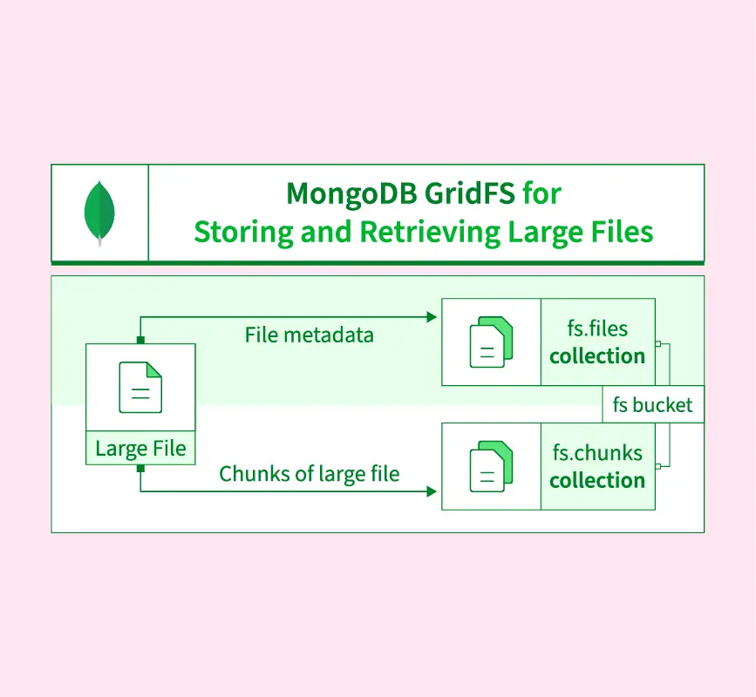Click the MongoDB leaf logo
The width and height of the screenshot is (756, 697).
[x=99, y=213]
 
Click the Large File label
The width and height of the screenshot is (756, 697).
[x=140, y=449]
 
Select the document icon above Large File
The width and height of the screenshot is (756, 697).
[x=140, y=387]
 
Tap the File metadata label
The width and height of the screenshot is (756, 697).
[x=309, y=335]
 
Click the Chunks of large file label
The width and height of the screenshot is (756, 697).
[x=309, y=474]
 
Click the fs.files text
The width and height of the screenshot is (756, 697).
[x=597, y=329]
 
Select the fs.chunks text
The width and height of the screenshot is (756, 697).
[x=597, y=453]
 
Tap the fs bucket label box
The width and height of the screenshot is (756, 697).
[x=652, y=404]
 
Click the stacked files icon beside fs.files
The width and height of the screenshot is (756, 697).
[x=491, y=342]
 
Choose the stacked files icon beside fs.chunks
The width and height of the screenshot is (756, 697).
[x=491, y=466]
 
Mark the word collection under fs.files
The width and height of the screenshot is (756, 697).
[x=597, y=355]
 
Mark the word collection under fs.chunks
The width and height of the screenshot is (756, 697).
[x=597, y=480]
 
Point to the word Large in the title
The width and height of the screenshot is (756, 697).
[x=541, y=232]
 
